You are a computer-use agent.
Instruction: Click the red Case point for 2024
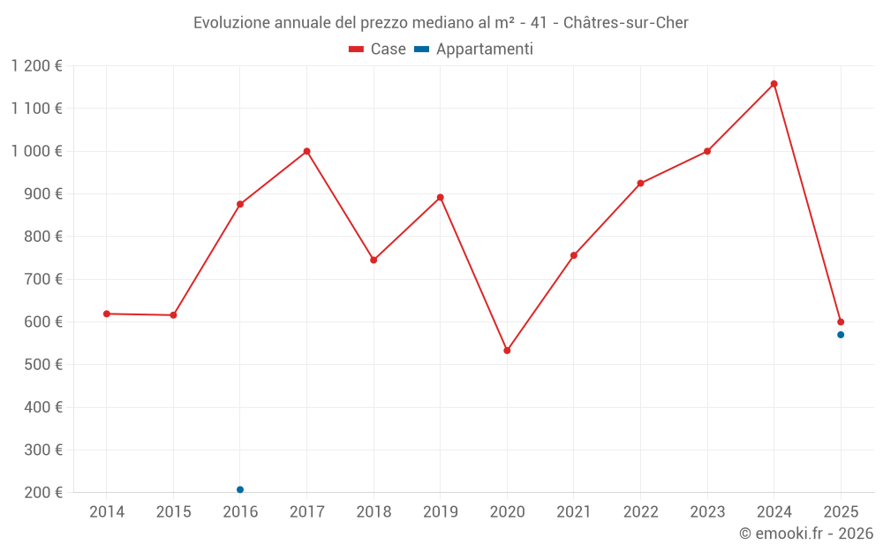774,84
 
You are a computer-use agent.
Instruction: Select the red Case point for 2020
507,351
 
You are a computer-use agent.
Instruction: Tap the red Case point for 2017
306,151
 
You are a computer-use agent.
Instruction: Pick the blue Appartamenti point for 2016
240,489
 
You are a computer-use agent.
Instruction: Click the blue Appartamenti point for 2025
841,335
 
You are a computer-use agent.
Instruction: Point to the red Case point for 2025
841,321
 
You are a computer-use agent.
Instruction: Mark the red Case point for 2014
107,314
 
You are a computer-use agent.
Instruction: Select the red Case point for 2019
441,197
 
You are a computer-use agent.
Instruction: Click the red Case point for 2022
640,184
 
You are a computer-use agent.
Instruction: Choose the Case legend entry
377,49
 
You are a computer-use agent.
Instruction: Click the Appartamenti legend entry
474,49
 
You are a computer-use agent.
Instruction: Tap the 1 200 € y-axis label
36,66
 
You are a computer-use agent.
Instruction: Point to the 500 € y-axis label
42,365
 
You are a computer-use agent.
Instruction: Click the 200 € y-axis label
42,493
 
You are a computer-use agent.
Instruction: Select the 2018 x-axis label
374,512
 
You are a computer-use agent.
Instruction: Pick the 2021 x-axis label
574,512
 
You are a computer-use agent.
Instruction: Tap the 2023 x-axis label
707,512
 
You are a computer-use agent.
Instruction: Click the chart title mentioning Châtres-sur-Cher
441,23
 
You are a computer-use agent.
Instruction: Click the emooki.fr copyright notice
805,533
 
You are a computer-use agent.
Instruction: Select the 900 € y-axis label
42,194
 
